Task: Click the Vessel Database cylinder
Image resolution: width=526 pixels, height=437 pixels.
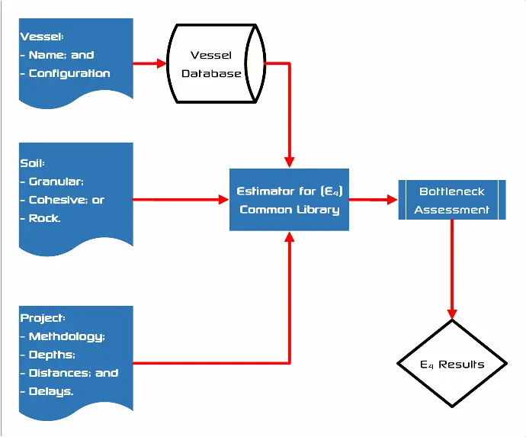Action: pyautogui.click(x=215, y=64)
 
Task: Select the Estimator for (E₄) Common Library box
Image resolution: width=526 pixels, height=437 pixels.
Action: pyautogui.click(x=289, y=200)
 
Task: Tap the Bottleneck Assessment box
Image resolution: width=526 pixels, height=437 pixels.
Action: pyautogui.click(x=452, y=200)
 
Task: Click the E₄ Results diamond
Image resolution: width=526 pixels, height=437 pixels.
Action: pyautogui.click(x=452, y=364)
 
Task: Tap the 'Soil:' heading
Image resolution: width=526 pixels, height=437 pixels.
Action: pyautogui.click(x=33, y=163)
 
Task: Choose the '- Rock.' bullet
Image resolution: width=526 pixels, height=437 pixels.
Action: pyautogui.click(x=45, y=218)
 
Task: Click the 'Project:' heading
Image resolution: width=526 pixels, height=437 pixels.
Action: pyautogui.click(x=43, y=318)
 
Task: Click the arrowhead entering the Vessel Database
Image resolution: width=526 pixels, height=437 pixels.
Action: pyautogui.click(x=162, y=64)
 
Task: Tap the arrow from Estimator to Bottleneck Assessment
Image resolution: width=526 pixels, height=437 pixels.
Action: pyautogui.click(x=374, y=200)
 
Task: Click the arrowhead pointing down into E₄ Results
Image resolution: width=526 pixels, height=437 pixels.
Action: pyautogui.click(x=452, y=313)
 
